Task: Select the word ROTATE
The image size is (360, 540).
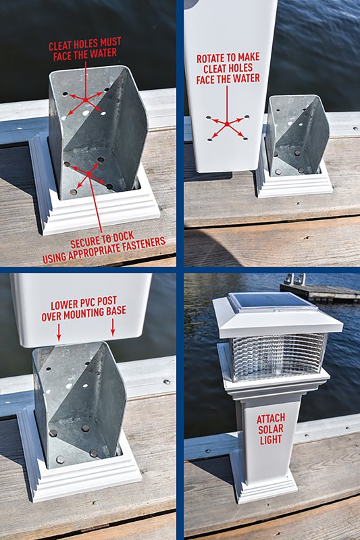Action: (212, 59)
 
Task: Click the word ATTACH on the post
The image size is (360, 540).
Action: (270, 418)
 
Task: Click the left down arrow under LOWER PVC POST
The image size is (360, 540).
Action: (59, 331)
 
